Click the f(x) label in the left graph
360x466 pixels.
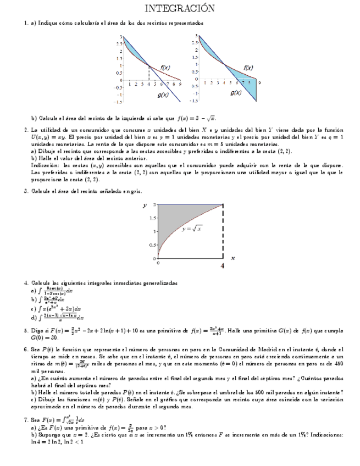pyautogui.click(x=165, y=68)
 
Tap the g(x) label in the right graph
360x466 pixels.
pyautogui.click(x=236, y=93)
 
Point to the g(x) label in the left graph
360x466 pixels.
pyautogui.click(x=163, y=95)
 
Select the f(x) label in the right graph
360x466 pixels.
pyautogui.click(x=248, y=68)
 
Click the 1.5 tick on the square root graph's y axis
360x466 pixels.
pyautogui.click(x=154, y=231)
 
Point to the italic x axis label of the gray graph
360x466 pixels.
pyautogui.click(x=233, y=257)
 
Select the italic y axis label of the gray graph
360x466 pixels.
pyautogui.click(x=144, y=205)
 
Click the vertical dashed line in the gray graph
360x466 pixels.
pyautogui.click(x=223, y=231)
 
